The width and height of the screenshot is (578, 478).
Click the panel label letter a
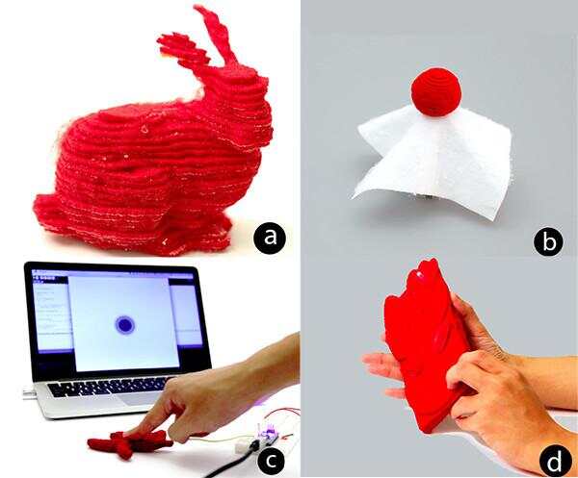[270, 238]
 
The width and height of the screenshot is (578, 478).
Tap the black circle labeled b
[549, 241]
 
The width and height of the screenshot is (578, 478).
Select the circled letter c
[272, 461]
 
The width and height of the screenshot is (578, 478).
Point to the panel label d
[555, 461]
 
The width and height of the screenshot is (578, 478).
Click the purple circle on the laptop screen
[124, 325]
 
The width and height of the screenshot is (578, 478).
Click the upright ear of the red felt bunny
[217, 37]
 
